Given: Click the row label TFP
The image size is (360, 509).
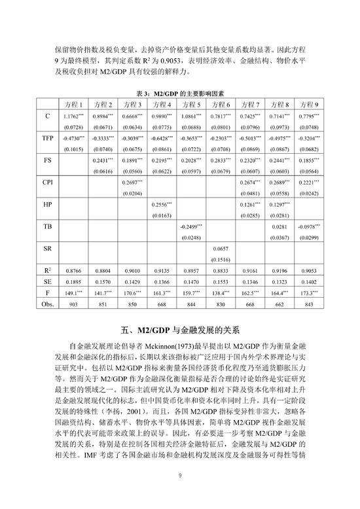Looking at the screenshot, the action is coord(48,139).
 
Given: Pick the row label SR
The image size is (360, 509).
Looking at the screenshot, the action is coord(48,249).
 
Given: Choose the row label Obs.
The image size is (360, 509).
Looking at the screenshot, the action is coord(48,305).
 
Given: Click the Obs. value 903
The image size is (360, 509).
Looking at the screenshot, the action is coord(73,305).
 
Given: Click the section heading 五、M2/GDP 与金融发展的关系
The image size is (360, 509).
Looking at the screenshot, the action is coord(180,329).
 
